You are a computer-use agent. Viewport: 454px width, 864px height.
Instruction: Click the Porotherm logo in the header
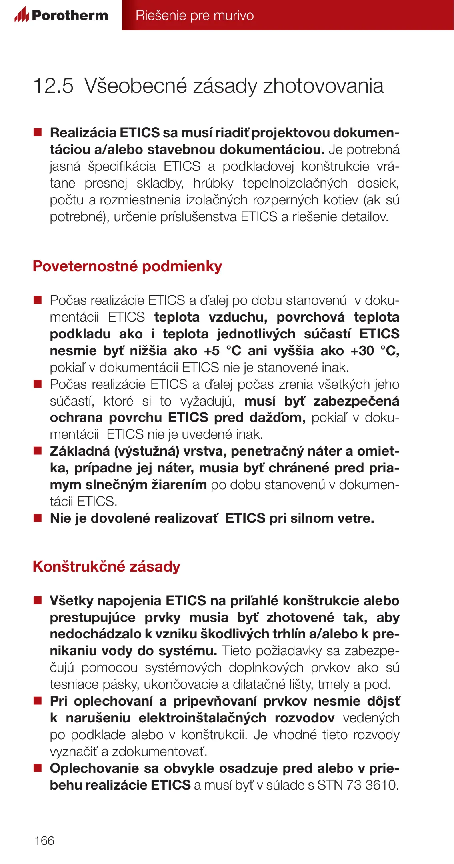point(61,15)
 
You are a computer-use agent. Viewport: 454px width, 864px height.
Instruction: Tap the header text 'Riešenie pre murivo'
point(194,15)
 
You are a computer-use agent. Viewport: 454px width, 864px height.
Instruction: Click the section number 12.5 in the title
point(53,86)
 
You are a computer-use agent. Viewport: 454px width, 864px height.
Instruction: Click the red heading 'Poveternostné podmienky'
point(127,266)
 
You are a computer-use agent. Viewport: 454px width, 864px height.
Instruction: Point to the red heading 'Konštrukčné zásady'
point(106,567)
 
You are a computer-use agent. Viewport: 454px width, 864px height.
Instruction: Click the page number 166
point(44,840)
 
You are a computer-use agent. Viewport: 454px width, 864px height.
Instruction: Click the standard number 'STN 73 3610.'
point(358,785)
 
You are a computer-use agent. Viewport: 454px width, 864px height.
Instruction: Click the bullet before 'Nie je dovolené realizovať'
point(38,518)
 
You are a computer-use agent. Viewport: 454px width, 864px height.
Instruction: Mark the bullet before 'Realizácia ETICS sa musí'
point(38,132)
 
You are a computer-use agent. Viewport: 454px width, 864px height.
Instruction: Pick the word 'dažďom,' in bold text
point(278,418)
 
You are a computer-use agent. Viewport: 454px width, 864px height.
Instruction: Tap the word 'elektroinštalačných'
point(202,718)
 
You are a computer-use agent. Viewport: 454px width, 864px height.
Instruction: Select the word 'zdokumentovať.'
point(160,752)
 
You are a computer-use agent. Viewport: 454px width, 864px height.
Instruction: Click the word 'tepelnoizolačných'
point(295,183)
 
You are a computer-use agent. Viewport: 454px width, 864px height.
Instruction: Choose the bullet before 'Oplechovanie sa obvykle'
point(38,768)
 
